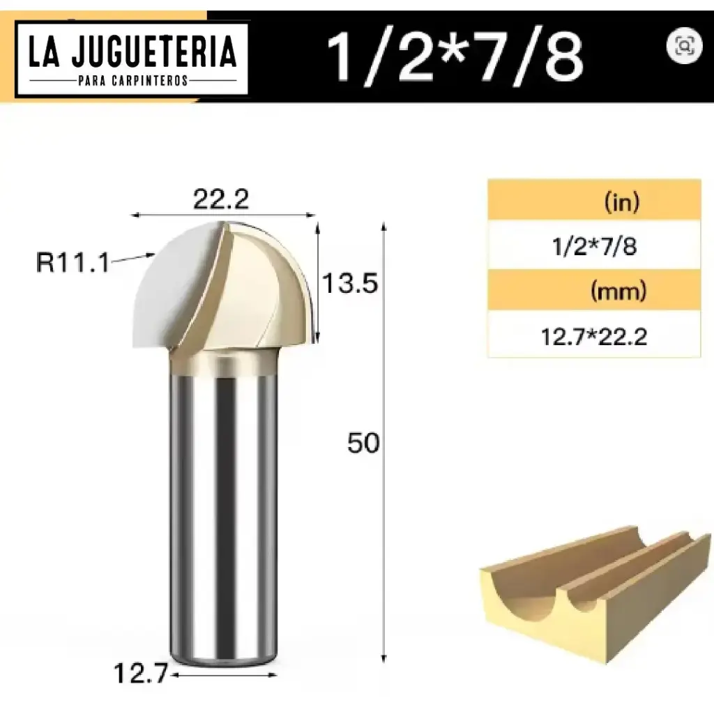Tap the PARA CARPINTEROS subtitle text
tap(132, 80)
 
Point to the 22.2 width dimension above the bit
tap(221, 200)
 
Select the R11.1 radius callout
tap(73, 264)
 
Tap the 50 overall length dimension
tap(363, 443)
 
